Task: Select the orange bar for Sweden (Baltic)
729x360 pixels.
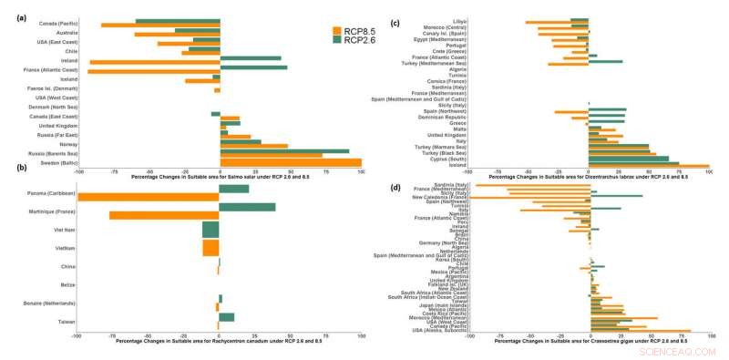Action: click(x=291, y=163)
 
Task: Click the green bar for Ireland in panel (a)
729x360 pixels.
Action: click(x=251, y=57)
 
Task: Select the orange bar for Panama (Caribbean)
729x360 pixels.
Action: click(x=149, y=197)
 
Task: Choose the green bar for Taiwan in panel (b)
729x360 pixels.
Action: click(x=227, y=317)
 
